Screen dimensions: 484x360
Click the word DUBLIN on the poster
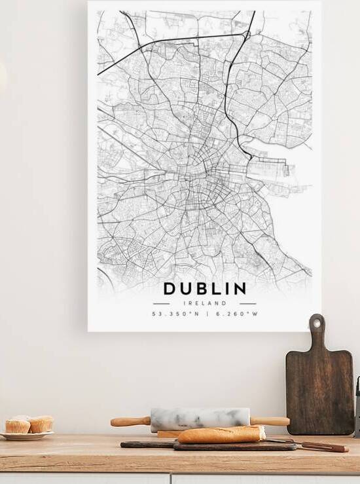tap(205, 288)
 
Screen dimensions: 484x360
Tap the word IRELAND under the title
tap(205, 303)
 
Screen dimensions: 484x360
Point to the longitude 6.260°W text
tap(236, 314)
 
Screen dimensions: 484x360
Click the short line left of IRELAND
tap(161, 303)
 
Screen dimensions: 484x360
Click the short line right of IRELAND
tap(248, 303)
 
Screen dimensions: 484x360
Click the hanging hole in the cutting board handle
tap(317, 323)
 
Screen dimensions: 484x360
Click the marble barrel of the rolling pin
tap(200, 418)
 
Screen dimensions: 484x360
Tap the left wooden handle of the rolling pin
tap(130, 421)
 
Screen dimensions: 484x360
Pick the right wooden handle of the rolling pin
tap(270, 421)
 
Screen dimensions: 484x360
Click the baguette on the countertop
tap(221, 434)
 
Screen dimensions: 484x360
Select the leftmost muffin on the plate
tap(18, 426)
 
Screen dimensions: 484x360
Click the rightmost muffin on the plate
tap(41, 424)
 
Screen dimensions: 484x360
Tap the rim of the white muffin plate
tap(26, 436)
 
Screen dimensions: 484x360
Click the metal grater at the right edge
tap(357, 406)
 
